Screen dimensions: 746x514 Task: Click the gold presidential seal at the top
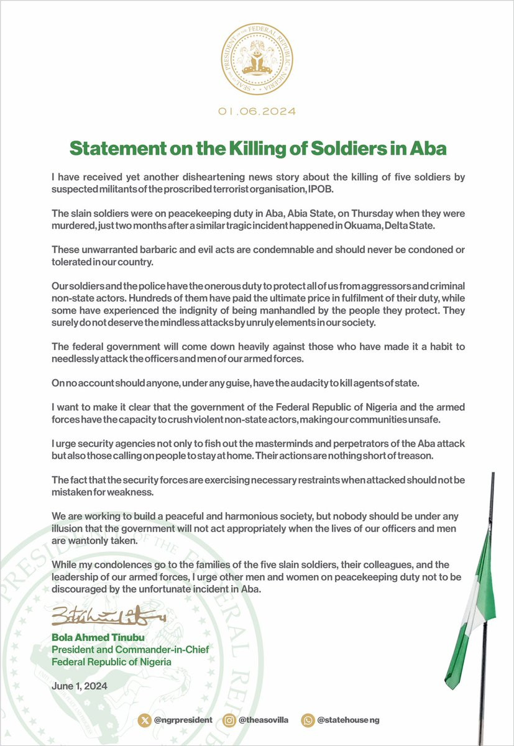point(257,62)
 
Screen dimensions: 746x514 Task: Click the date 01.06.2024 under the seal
point(257,112)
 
